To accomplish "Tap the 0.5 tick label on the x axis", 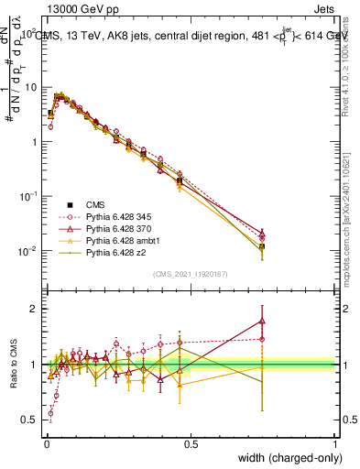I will coord(191,443).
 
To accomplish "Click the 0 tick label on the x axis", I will coord(46,443).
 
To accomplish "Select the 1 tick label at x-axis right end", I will coord(334,443).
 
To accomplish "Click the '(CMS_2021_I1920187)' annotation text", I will coord(191,273).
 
